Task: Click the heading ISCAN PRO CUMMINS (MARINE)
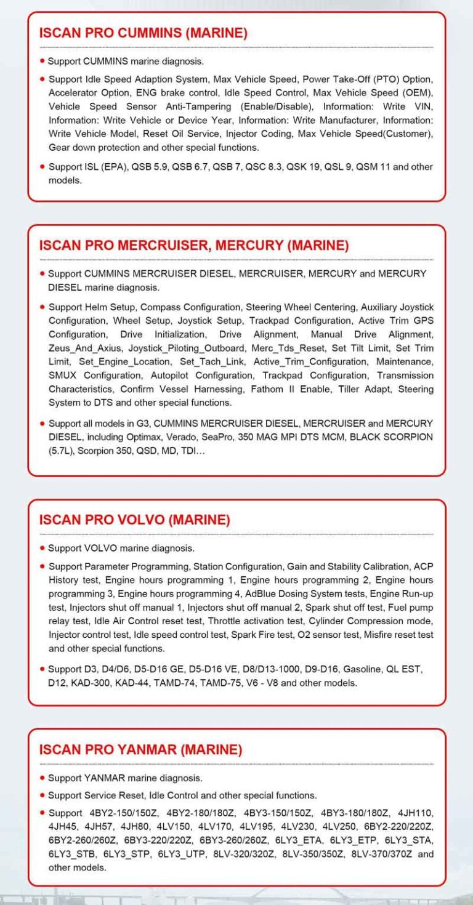pos(143,33)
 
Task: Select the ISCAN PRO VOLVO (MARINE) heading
pos(134,520)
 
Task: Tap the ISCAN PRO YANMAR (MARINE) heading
pos(140,749)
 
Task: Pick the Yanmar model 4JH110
pos(416,813)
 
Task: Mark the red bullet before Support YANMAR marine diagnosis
pos(42,778)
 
